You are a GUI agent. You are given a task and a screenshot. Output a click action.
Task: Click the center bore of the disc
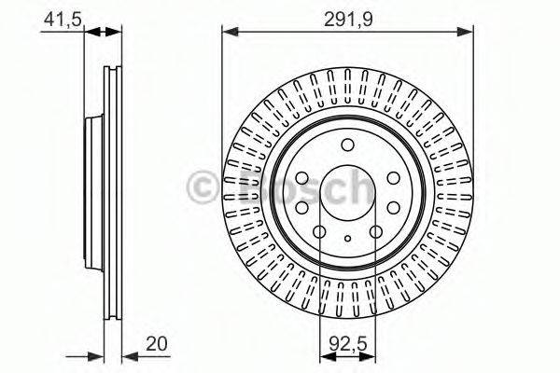tap(347, 189)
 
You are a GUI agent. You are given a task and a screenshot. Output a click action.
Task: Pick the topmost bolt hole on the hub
tap(347, 144)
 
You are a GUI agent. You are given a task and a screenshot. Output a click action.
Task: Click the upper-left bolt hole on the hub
tap(302, 178)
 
